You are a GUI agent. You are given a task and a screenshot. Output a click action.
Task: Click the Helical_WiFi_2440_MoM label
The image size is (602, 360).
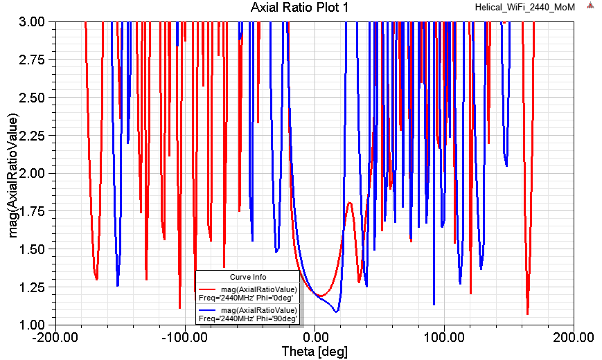coord(524,6)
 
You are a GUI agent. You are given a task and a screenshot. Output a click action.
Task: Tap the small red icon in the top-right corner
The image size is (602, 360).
coord(591,6)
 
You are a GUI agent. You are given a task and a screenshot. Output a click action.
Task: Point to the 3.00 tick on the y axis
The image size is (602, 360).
coord(31,22)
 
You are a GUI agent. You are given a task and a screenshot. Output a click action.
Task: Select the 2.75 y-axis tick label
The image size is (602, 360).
coord(31,60)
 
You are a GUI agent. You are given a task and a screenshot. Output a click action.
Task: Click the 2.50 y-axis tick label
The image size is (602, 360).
coord(31,98)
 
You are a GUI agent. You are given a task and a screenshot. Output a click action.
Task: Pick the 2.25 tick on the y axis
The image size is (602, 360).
coord(31,136)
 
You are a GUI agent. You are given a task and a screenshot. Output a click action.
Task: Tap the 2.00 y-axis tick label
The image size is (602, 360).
coord(31,173)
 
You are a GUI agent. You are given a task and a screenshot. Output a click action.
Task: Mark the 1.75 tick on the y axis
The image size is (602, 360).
coord(31,211)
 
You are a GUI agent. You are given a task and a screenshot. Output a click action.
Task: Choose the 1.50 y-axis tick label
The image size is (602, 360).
coord(31,249)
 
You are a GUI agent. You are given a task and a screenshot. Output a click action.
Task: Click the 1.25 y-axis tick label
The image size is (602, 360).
coord(31,287)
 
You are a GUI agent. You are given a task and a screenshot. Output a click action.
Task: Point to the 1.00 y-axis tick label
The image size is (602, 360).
coord(31,324)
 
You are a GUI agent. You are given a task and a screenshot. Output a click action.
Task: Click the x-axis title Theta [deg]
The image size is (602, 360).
coord(315,352)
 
